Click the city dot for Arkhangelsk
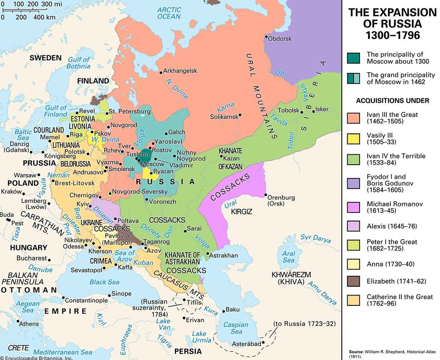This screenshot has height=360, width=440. click(x=161, y=72)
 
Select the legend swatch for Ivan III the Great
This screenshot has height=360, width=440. click(x=353, y=118)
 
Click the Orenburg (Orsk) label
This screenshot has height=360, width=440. click(x=281, y=200)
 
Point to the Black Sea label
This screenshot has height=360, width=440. click(x=104, y=282)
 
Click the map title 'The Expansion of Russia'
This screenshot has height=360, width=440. click(x=392, y=24)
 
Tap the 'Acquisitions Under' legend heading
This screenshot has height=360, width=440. click(x=392, y=101)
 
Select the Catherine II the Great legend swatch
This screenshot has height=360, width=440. click(x=353, y=300)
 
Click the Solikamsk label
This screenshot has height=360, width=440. click(x=224, y=117)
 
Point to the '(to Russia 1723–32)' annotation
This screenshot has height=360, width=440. click(x=304, y=324)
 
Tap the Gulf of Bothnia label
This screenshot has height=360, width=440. click(x=78, y=63)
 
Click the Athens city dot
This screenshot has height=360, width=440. click(x=18, y=321)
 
